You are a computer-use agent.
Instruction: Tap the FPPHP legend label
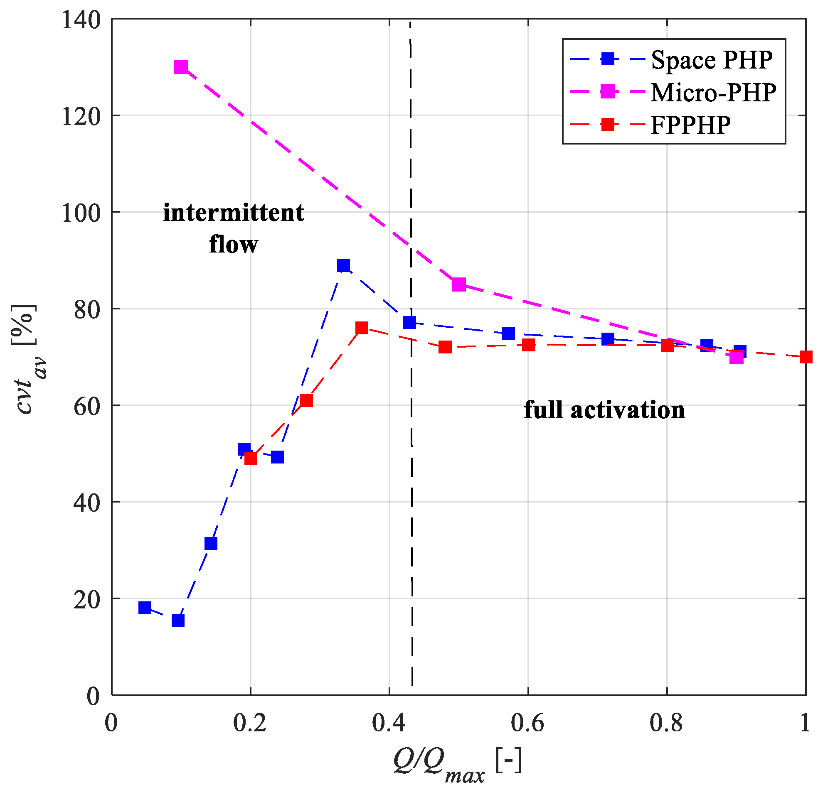tap(690, 124)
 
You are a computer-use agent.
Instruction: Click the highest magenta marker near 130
tap(181, 67)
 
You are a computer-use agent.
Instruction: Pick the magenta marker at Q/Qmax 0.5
tap(458, 284)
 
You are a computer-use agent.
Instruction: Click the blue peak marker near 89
tap(343, 265)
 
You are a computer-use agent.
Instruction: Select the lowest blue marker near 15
tap(178, 620)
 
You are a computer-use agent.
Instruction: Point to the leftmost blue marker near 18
tap(145, 608)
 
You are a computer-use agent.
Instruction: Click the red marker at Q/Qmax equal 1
tap(806, 357)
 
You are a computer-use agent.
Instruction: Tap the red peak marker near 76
tap(362, 328)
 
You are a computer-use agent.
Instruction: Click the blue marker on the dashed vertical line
tap(410, 322)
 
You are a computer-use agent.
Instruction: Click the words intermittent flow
tap(233, 228)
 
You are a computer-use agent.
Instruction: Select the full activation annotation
tap(604, 410)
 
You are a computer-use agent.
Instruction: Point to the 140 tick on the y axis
tap(81, 20)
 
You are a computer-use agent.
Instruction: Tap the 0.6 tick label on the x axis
tap(527, 723)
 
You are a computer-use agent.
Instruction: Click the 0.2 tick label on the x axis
tap(249, 723)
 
